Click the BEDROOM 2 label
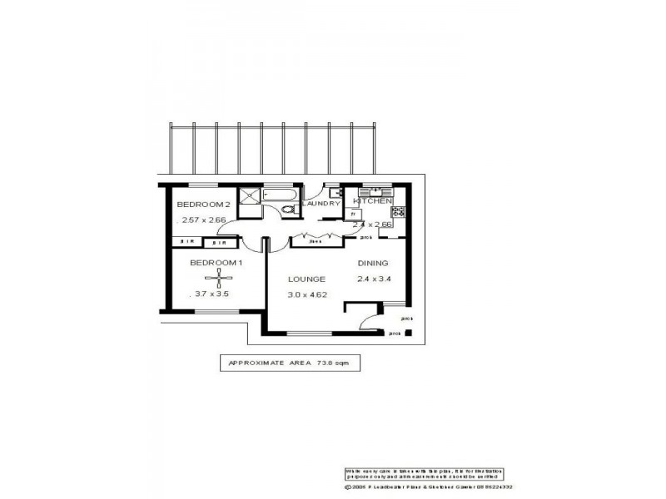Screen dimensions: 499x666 point(202,205)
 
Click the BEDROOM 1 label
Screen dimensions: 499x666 point(216,263)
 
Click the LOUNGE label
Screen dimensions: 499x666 point(306,279)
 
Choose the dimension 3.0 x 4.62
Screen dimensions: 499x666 point(306,294)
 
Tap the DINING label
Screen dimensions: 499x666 point(373,264)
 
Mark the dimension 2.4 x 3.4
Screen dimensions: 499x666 point(373,279)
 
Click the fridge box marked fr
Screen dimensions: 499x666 point(354,214)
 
